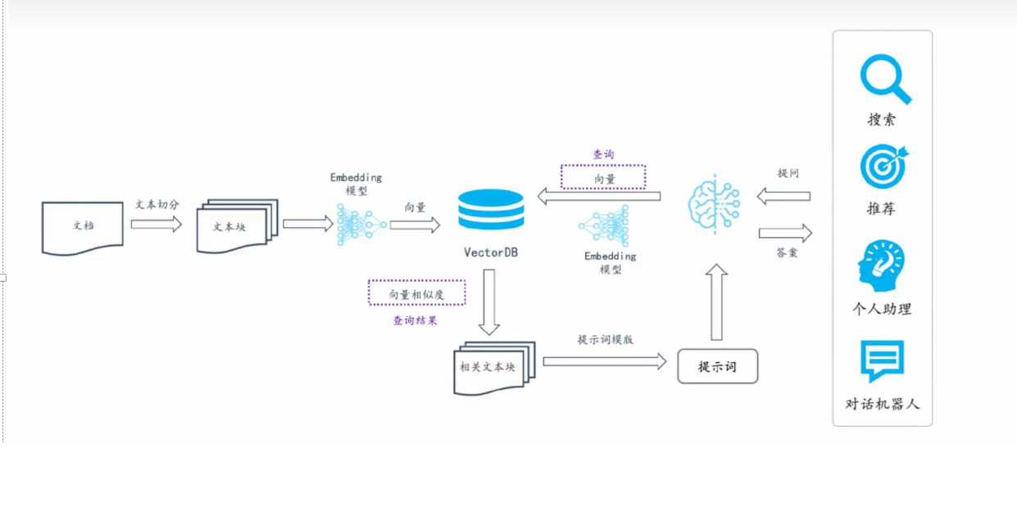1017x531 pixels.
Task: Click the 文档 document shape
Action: [83, 226]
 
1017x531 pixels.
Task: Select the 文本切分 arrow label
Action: [157, 205]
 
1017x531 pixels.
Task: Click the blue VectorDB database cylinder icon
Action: [491, 210]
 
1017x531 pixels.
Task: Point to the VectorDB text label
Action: [491, 252]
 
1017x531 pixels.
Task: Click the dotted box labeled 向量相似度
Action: [416, 293]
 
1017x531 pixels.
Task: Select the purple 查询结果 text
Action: [415, 320]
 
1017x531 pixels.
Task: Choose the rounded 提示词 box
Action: [717, 366]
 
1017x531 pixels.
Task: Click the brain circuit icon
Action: [714, 204]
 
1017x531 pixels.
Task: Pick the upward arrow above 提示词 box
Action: [716, 302]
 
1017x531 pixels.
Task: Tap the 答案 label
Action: [787, 253]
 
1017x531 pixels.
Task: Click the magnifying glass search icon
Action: [885, 79]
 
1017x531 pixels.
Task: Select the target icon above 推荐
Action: [883, 166]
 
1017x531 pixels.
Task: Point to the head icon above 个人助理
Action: [881, 265]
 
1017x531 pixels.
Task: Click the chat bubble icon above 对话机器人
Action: [882, 361]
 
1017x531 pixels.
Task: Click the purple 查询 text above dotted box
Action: [603, 154]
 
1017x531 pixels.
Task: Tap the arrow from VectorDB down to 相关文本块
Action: [489, 302]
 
